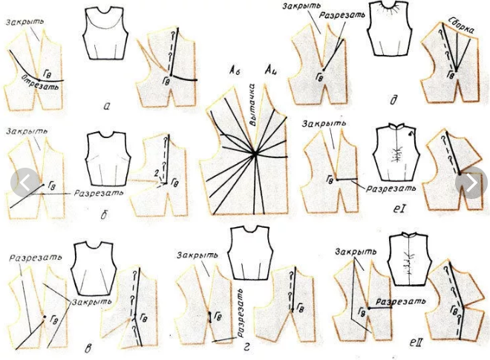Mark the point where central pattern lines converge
tap(255, 154)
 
